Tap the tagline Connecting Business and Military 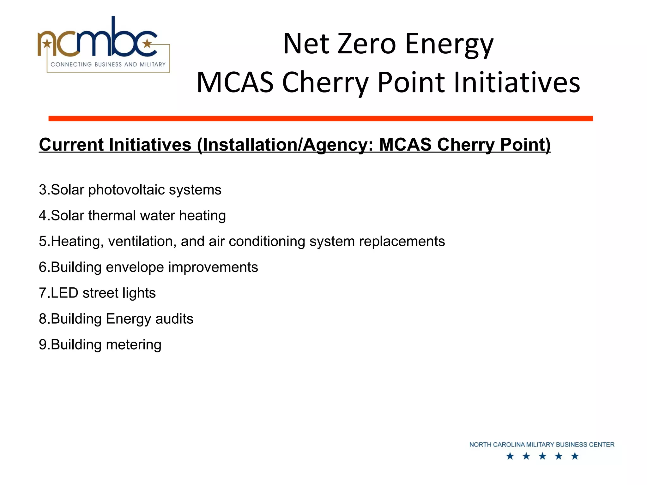coord(108,64)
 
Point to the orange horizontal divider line coord(320,118)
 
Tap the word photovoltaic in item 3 coord(126,190)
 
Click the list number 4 coord(43,216)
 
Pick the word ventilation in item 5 coord(142,242)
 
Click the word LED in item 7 coord(64,293)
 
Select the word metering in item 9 coord(134,345)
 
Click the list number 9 coord(43,345)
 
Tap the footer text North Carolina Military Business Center coord(541,445)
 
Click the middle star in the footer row coord(542,456)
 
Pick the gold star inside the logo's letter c coord(147,43)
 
